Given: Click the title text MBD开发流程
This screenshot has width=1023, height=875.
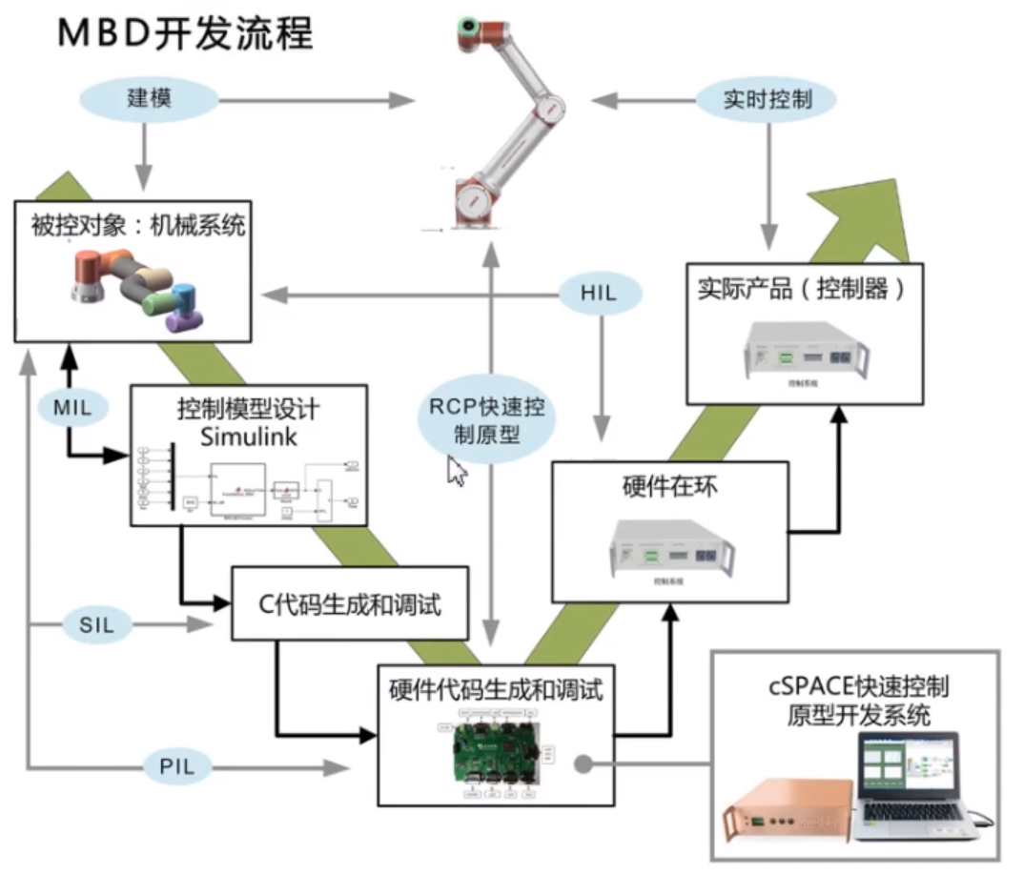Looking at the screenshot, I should coord(186,33).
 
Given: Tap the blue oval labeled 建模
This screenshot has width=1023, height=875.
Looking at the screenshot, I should coord(149,98).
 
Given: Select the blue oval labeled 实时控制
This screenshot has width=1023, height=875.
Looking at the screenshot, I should coord(767,98).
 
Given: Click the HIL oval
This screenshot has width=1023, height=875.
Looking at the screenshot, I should coord(600,295).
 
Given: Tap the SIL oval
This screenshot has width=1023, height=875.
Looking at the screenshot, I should coord(94,625).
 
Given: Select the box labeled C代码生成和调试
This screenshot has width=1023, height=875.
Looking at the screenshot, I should coord(350,603).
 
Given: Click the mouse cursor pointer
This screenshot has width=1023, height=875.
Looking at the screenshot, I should coord(457,471).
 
